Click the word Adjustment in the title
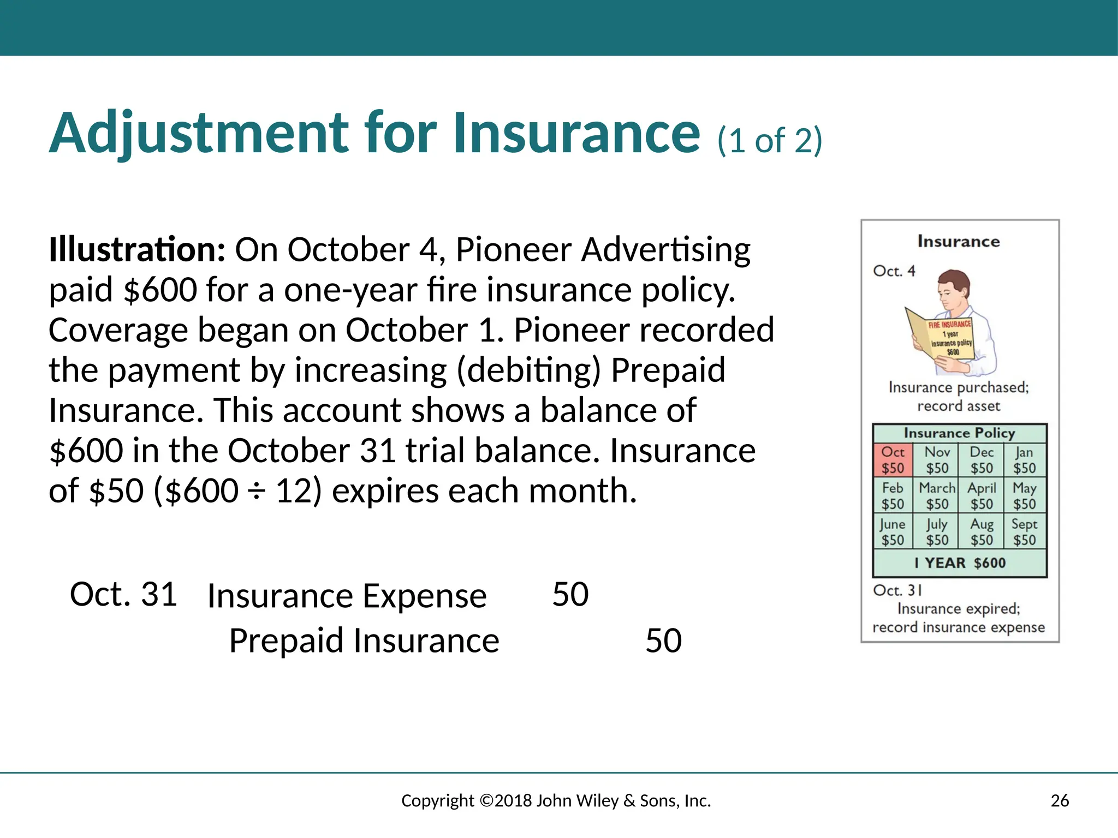[199, 134]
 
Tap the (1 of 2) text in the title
[769, 141]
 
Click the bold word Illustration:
[136, 250]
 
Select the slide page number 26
[1060, 800]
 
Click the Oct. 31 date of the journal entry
[123, 594]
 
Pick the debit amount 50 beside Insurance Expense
[570, 594]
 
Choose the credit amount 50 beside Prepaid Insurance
[663, 641]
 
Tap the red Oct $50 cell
[893, 460]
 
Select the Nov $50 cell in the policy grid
[937, 460]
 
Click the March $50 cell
[937, 496]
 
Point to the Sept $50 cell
[1024, 532]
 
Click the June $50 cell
[893, 532]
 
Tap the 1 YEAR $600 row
[960, 563]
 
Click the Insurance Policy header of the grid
[959, 433]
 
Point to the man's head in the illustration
[954, 286]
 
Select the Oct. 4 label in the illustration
[894, 271]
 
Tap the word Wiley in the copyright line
[597, 800]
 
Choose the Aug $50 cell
[982, 532]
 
